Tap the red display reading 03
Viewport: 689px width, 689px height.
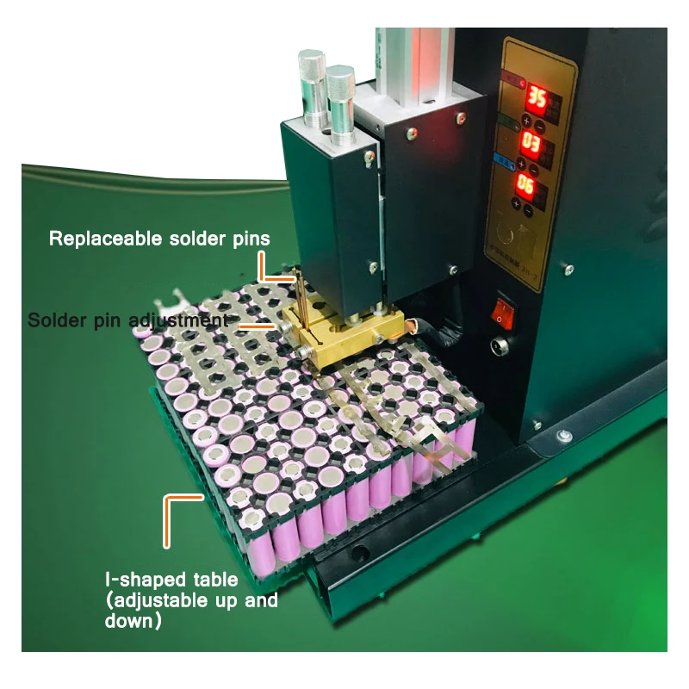(x=532, y=143)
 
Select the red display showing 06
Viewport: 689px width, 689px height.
(x=527, y=186)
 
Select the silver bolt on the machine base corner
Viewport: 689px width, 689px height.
(x=564, y=436)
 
